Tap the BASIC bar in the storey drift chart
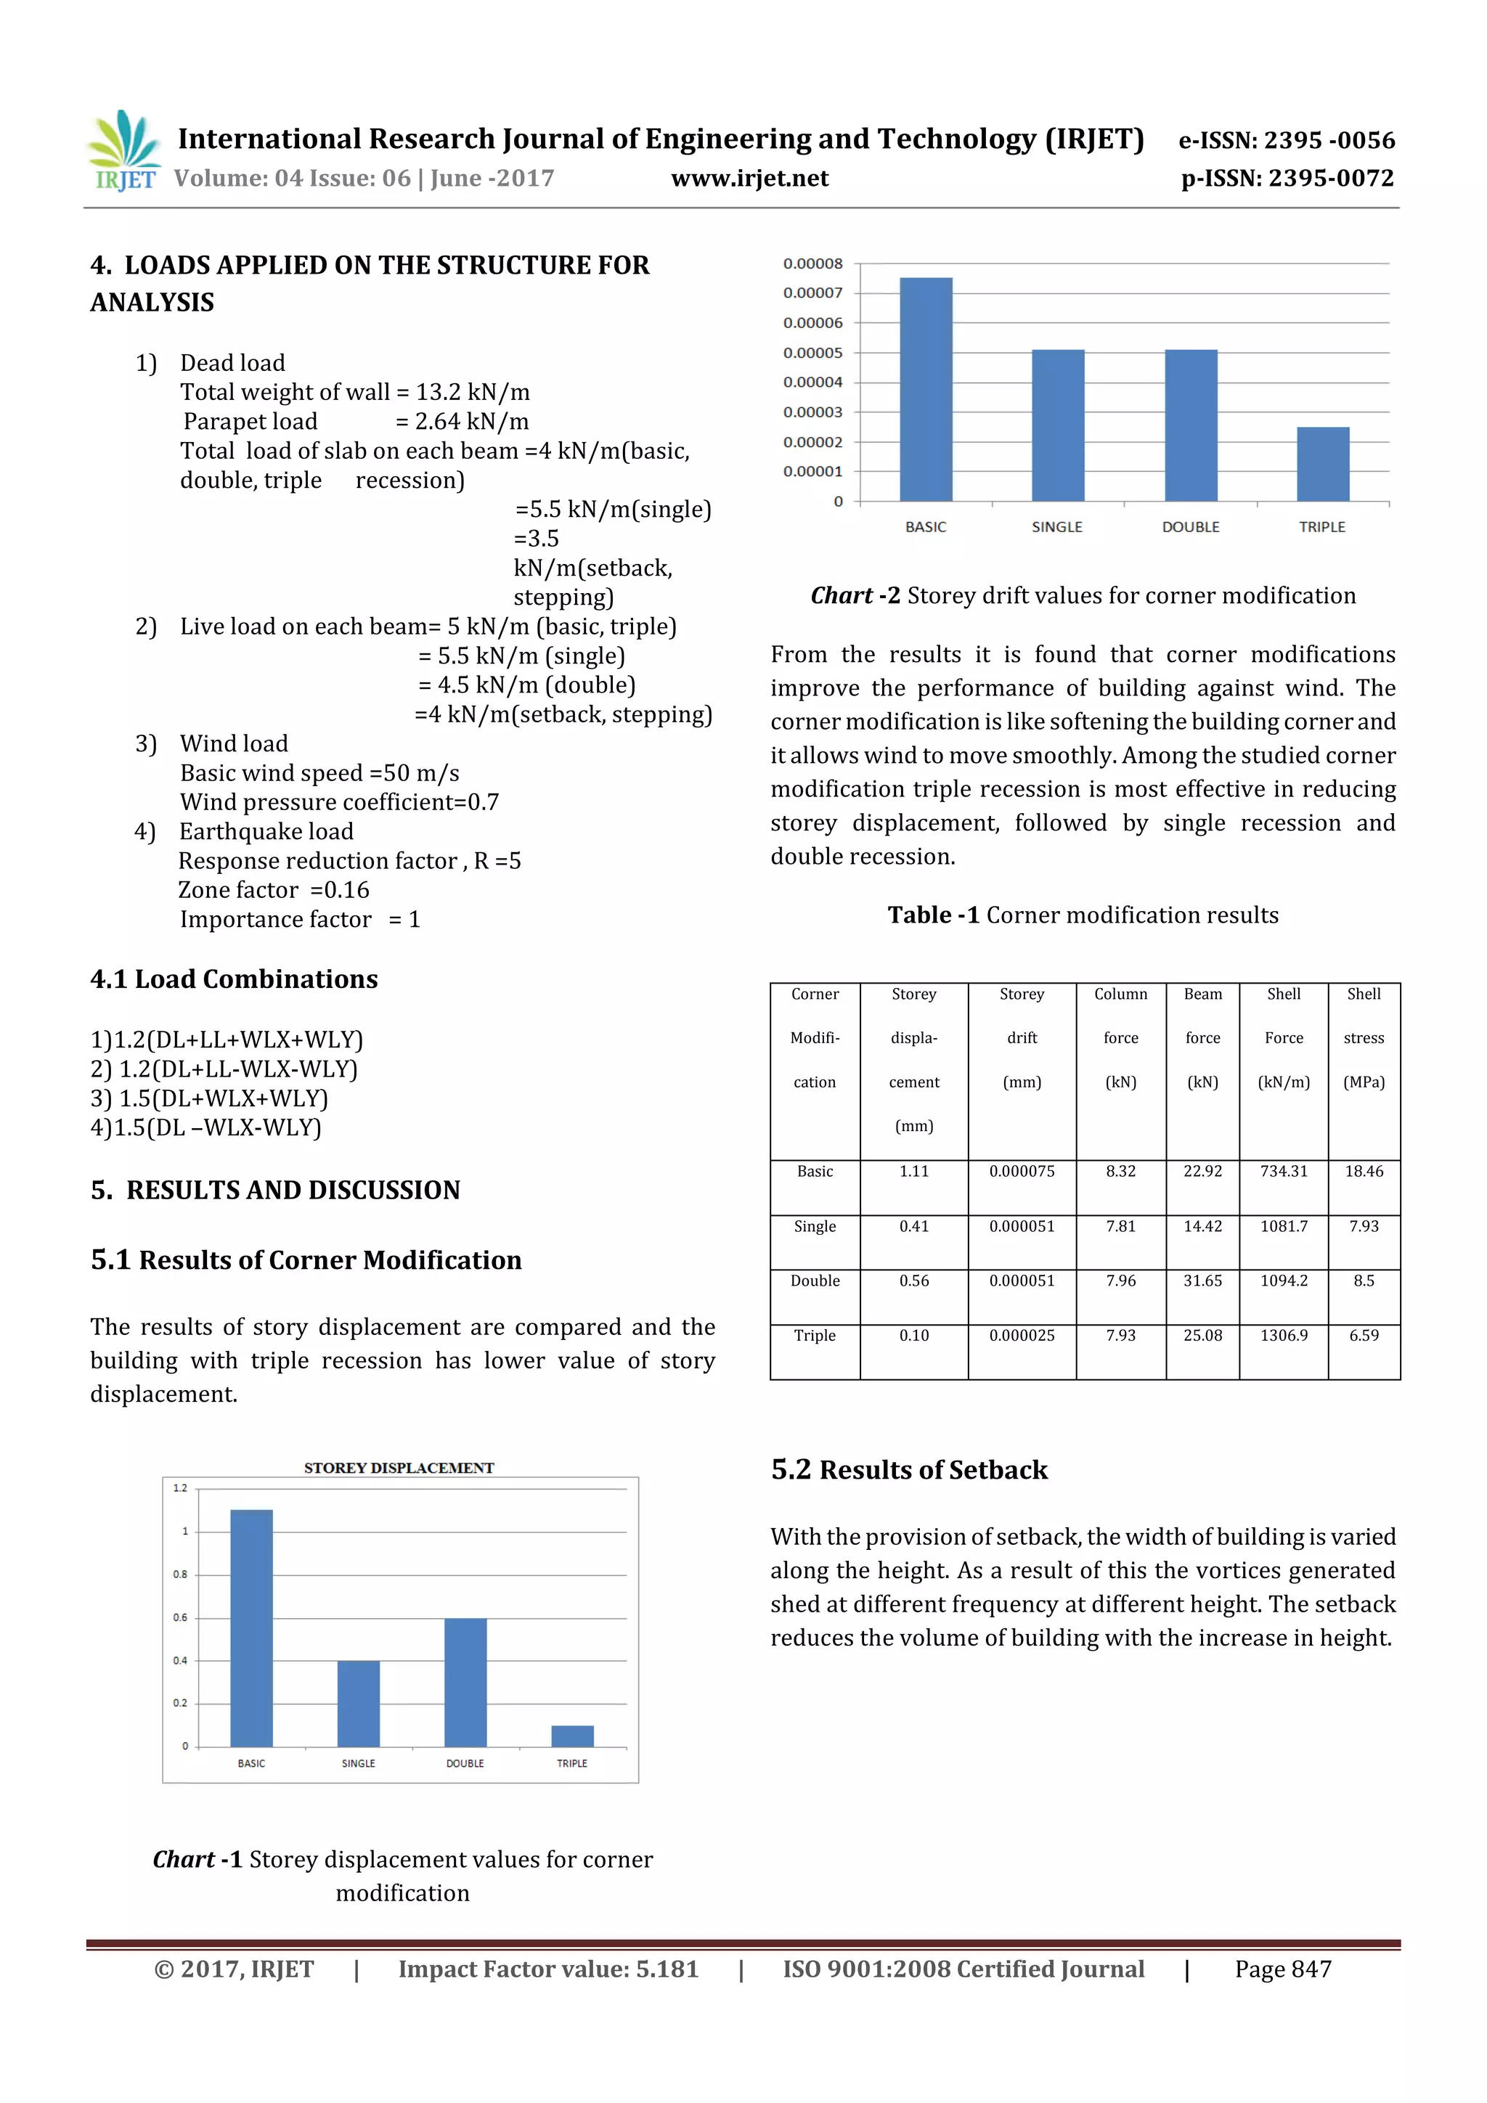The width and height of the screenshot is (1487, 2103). click(x=925, y=389)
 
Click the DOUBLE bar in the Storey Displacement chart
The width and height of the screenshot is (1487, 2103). click(x=465, y=1682)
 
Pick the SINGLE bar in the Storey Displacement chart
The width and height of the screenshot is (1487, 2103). click(x=358, y=1703)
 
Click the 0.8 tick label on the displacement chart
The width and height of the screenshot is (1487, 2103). click(x=181, y=1575)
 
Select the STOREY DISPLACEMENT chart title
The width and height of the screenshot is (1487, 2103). click(x=399, y=1467)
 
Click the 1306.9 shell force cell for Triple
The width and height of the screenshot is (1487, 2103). click(x=1283, y=1336)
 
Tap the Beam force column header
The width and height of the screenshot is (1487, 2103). click(x=1202, y=1037)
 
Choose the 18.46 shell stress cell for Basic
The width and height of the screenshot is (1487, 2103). click(x=1364, y=1171)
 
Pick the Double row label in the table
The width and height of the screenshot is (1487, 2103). click(x=815, y=1281)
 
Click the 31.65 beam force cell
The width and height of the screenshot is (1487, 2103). click(x=1202, y=1281)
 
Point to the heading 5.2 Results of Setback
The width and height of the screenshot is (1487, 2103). click(x=909, y=1469)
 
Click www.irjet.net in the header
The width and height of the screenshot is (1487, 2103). click(x=749, y=179)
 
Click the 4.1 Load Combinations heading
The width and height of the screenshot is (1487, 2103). click(x=234, y=979)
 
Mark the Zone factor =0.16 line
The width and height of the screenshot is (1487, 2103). click(x=274, y=889)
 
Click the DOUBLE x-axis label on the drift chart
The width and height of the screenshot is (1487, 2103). click(x=1190, y=527)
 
